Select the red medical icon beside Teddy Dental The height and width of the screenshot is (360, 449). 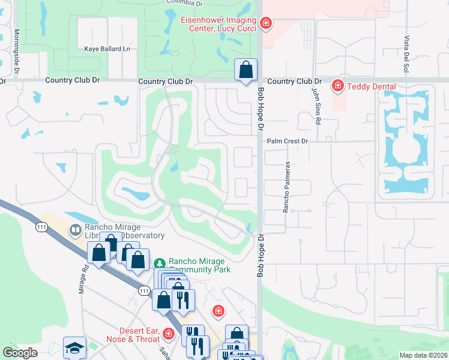(x=338, y=86)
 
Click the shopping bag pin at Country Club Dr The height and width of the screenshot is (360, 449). (x=246, y=70)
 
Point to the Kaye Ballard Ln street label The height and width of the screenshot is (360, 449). (x=107, y=49)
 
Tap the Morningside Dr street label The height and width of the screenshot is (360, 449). (x=17, y=52)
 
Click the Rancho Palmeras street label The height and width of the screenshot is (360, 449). (x=286, y=186)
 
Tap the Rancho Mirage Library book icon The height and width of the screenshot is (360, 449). (x=76, y=230)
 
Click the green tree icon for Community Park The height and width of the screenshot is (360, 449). (x=160, y=263)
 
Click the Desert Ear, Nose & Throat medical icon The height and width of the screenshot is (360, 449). (x=169, y=333)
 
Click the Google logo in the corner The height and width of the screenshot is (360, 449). (x=20, y=353)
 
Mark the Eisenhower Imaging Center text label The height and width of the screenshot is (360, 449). (x=218, y=24)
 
